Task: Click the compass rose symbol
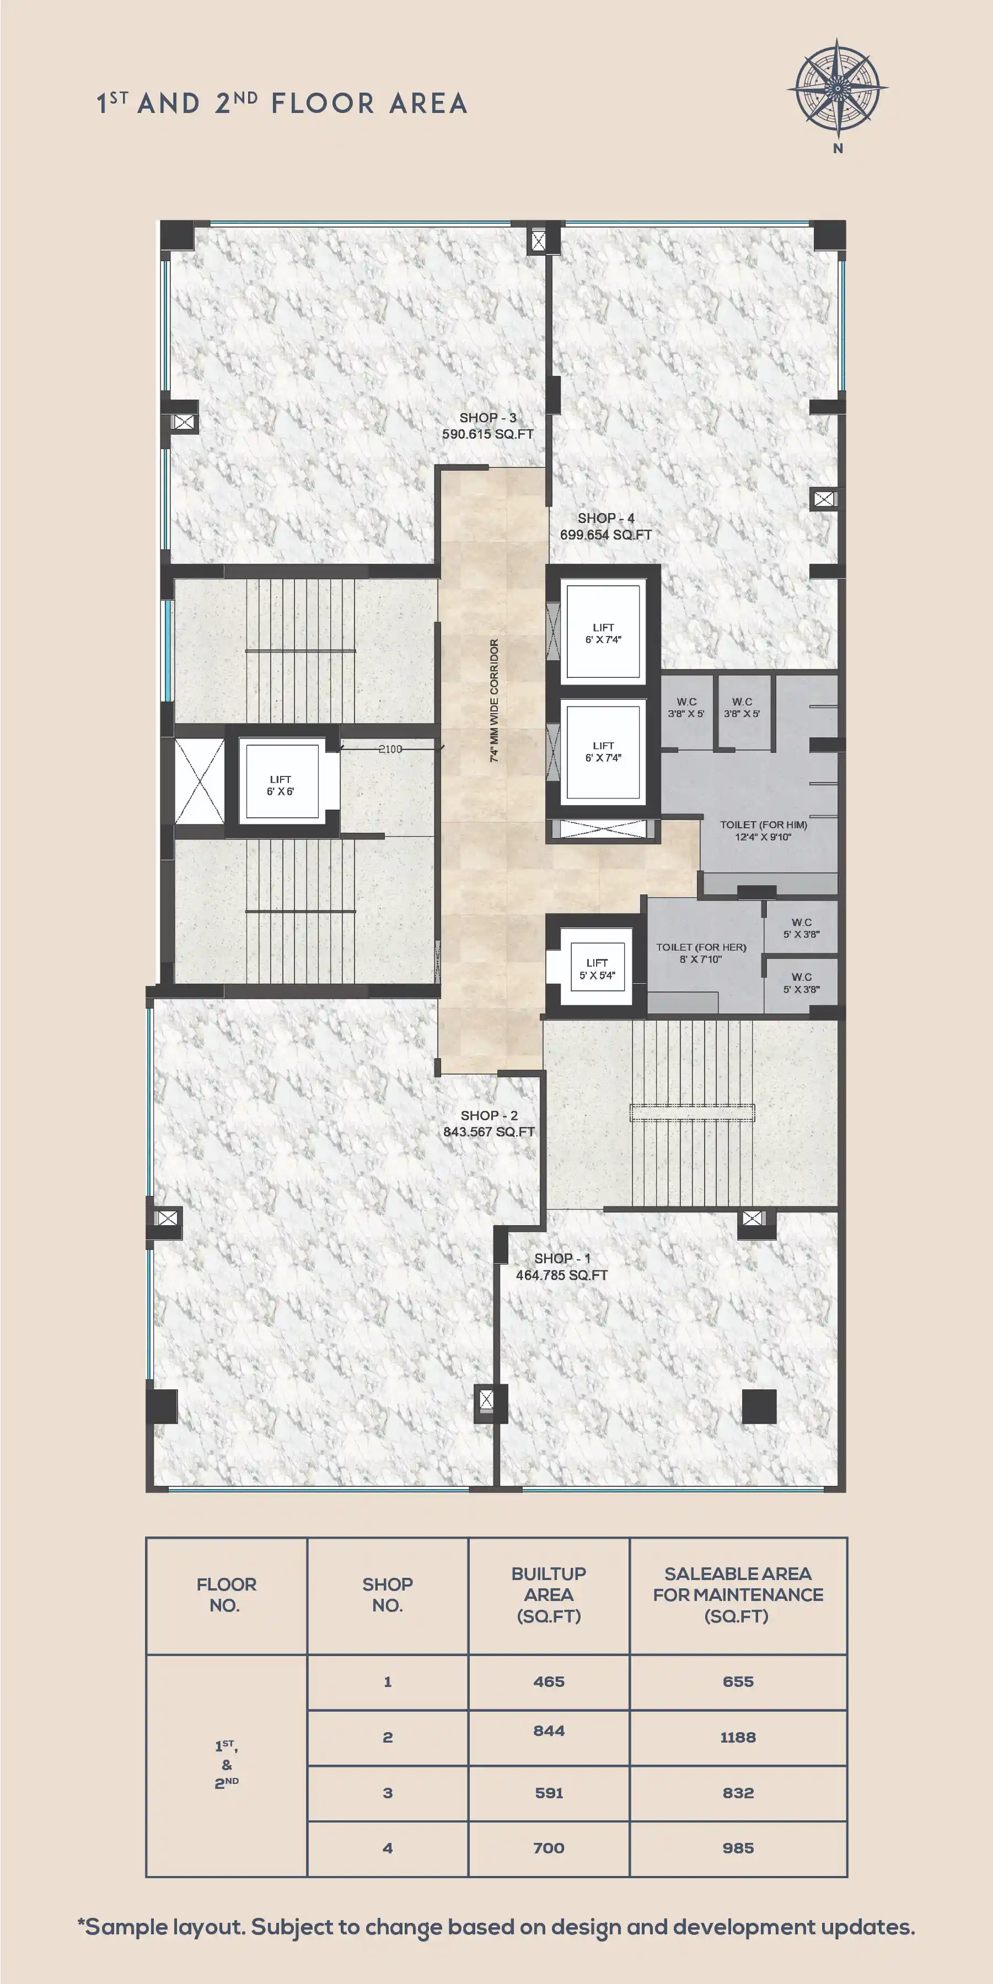838,89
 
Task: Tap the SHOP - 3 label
487,417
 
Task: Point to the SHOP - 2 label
489,1115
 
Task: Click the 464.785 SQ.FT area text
562,1275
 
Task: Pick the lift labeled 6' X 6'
281,781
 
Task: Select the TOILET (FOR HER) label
701,947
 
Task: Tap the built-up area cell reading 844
549,1730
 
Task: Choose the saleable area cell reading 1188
738,1738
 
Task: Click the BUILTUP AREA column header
549,1594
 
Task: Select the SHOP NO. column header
388,1594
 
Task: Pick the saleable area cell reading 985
738,1848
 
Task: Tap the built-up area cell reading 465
549,1681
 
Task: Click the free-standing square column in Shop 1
759,1406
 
